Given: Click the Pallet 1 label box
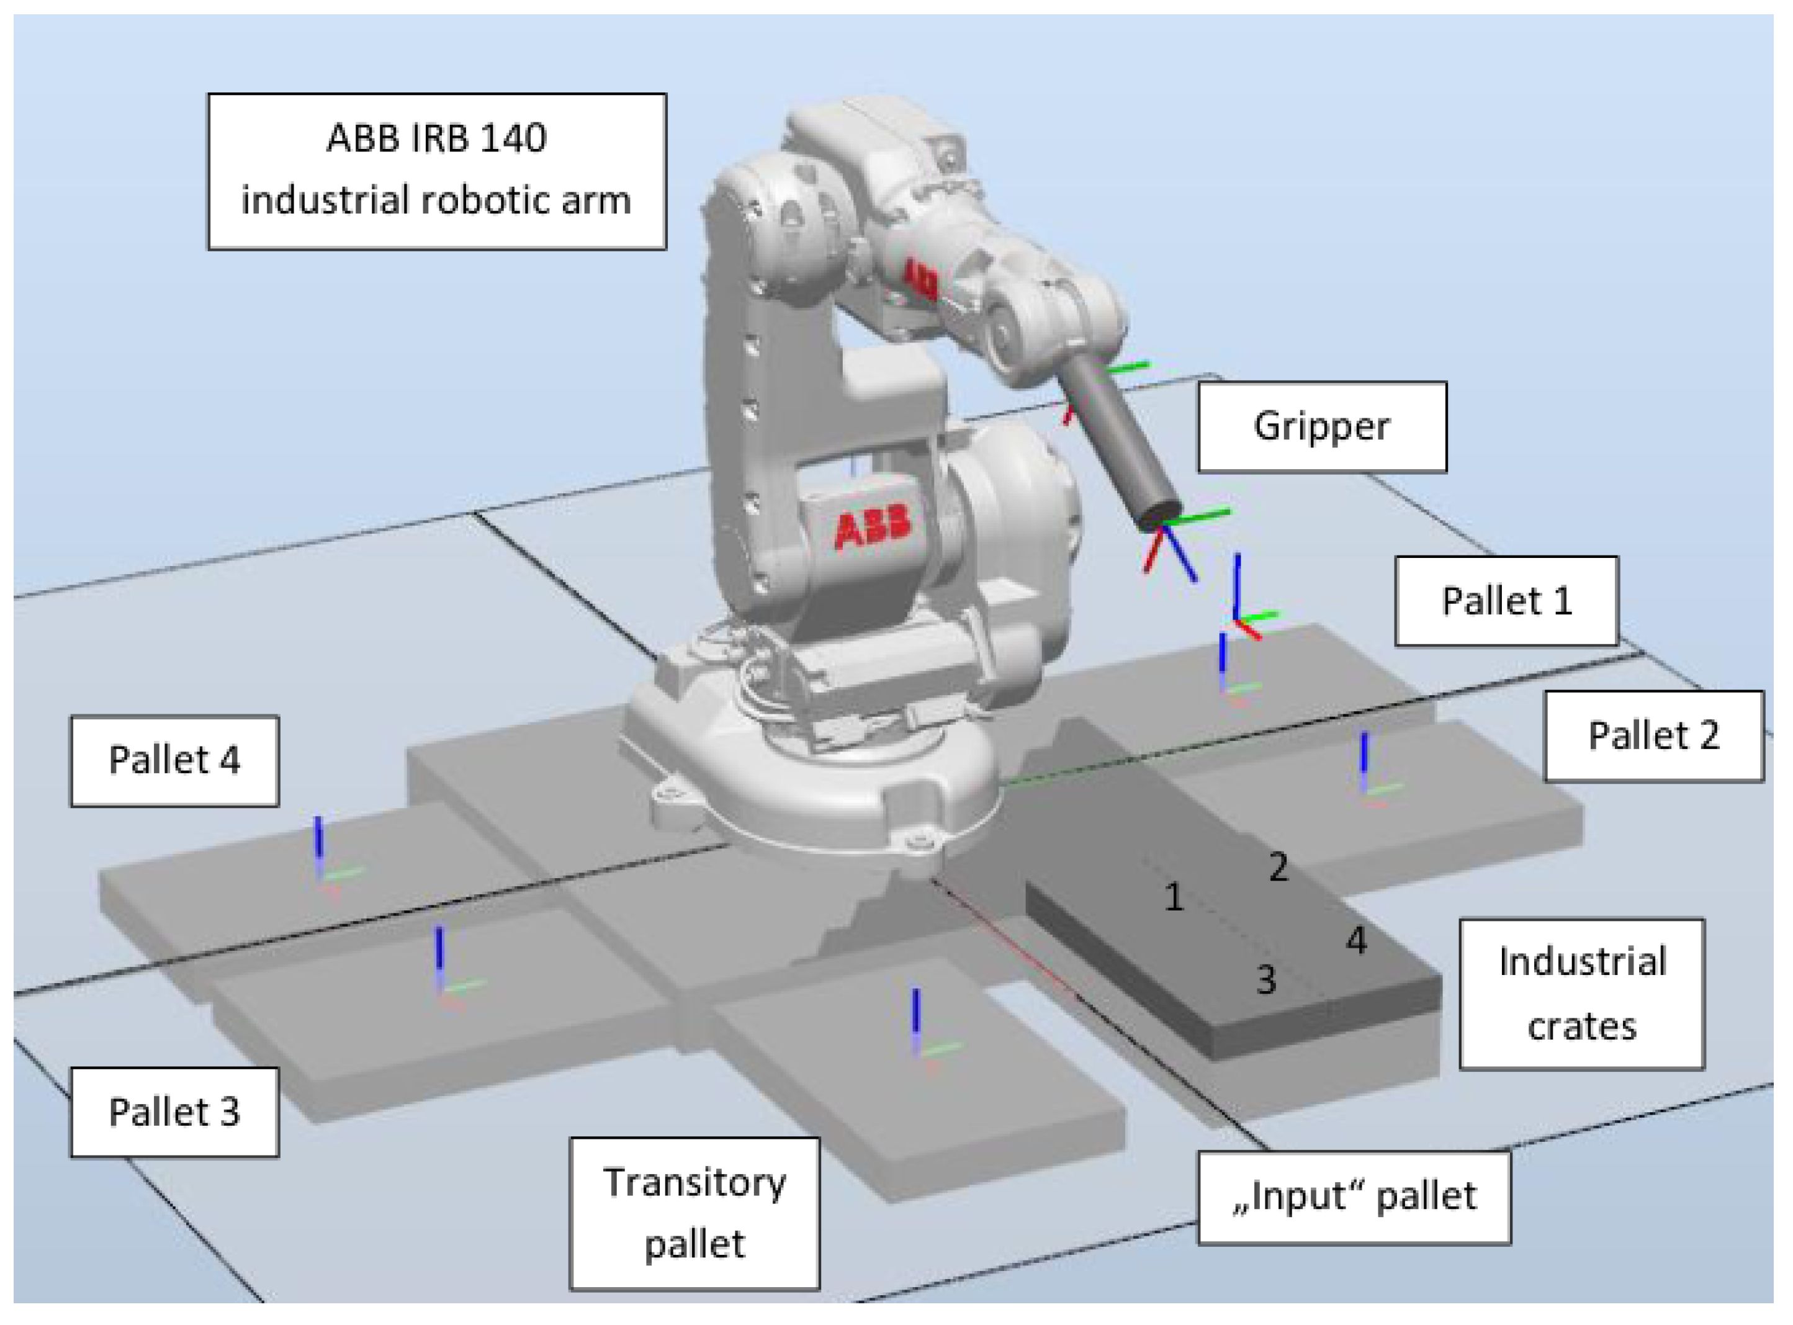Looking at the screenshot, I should (1506, 601).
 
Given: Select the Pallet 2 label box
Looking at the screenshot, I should (1653, 735).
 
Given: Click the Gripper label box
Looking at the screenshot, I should (1321, 426).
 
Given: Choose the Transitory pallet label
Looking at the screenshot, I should (694, 1213).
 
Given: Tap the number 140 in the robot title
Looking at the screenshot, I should (513, 138).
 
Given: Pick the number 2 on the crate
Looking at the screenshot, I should (1278, 867).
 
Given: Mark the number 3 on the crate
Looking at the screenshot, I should (1265, 979).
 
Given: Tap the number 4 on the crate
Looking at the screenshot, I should (1356, 940).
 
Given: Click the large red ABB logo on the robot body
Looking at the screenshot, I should (873, 526).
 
